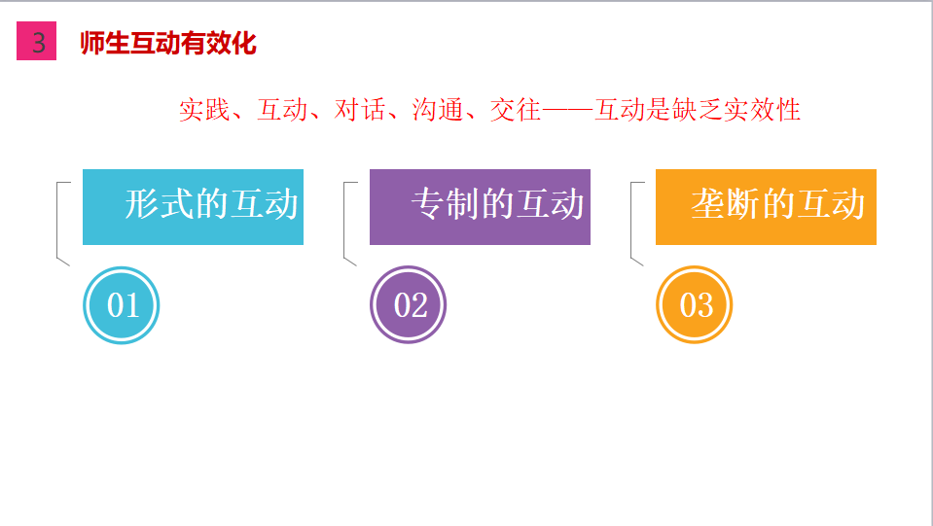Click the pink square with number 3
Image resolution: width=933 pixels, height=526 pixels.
click(36, 41)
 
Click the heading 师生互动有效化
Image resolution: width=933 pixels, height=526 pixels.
click(168, 43)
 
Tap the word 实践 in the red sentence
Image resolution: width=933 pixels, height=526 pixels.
click(204, 110)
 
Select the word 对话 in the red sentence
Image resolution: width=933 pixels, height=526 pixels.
click(359, 110)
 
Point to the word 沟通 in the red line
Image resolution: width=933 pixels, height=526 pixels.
click(438, 110)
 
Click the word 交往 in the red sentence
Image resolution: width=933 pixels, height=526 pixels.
click(516, 110)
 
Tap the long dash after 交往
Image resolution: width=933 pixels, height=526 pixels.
click(567, 110)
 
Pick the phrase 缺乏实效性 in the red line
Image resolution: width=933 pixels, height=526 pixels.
click(736, 110)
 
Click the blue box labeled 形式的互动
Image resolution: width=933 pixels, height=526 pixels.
click(193, 207)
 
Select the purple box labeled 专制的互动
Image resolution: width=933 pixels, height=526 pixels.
click(480, 207)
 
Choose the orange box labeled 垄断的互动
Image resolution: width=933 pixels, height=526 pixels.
click(766, 207)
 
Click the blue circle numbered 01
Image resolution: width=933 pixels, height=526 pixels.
click(122, 305)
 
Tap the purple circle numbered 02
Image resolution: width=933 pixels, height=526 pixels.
click(409, 304)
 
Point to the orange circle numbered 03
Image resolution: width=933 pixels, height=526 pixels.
click(695, 304)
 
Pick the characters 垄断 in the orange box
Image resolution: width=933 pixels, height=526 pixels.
click(726, 204)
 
